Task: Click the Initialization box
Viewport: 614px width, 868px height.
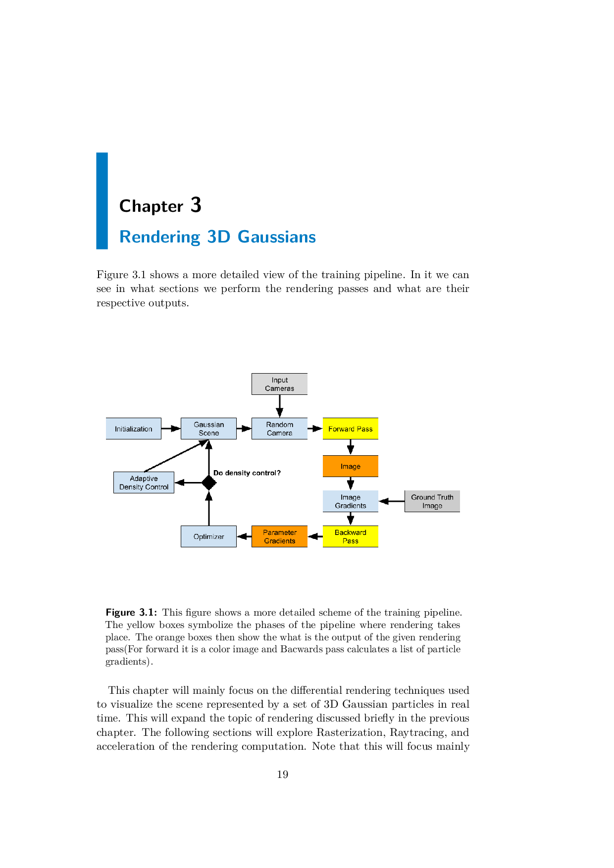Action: coord(133,429)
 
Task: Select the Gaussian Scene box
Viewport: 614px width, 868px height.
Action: coord(208,429)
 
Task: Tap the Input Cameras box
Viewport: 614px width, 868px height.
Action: coord(279,384)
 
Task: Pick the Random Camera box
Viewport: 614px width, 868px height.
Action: coord(279,429)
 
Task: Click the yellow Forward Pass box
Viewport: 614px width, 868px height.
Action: coord(350,429)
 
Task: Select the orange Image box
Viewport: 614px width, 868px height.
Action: coord(350,466)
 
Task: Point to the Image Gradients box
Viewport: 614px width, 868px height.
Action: coord(350,501)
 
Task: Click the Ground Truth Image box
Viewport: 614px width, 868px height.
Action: coord(432,501)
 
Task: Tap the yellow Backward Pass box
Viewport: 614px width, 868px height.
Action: coord(350,536)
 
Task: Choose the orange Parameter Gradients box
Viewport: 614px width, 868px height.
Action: coord(279,536)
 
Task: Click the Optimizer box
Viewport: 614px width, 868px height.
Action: coord(208,536)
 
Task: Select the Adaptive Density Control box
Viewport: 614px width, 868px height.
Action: coord(144,482)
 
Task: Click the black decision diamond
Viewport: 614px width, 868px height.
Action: coord(208,482)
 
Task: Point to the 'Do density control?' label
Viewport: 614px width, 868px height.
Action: coord(247,473)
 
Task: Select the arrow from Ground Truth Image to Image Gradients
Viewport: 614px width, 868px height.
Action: coord(392,501)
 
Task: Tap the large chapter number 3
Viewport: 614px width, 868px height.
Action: coord(196,205)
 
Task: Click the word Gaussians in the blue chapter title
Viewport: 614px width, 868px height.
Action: coord(276,237)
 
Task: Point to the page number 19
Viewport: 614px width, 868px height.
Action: coord(282,774)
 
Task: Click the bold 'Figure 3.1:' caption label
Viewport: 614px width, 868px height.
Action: coord(131,613)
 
